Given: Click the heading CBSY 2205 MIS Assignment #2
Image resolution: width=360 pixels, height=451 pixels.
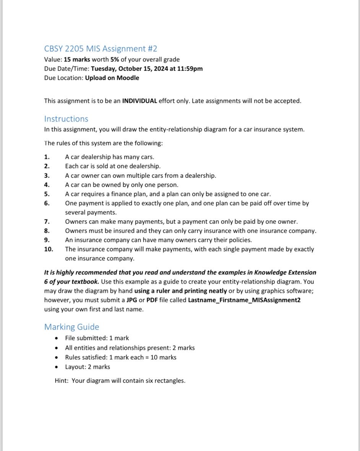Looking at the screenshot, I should pos(101,49).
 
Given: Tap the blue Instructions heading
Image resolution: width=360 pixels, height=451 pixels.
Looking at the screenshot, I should pos(66,119).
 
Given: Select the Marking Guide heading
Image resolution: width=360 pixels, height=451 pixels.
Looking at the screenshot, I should pos(71,327).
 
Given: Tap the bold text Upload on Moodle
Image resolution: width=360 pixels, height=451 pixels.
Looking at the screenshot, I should pos(112,78).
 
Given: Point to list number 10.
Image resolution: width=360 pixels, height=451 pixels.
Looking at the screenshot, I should pos(49,249).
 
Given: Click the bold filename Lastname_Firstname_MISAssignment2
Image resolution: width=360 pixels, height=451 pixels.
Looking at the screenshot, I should pos(244,300).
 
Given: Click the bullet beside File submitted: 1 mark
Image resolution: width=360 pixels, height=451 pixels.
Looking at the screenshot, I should pos(57,338).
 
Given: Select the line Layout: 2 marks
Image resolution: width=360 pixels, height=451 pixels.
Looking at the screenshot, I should pos(88,367).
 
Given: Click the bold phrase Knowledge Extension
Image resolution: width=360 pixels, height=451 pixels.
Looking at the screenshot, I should pos(285,272).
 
